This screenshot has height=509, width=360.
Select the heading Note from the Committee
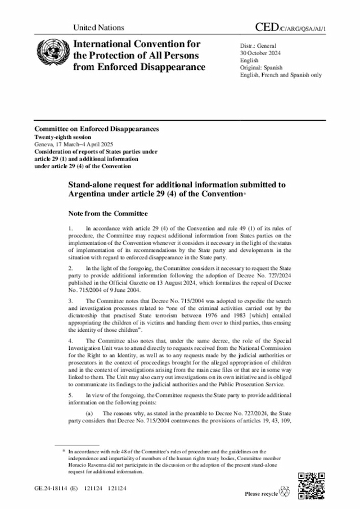click(x=108, y=214)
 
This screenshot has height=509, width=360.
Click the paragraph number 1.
click(x=70, y=228)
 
